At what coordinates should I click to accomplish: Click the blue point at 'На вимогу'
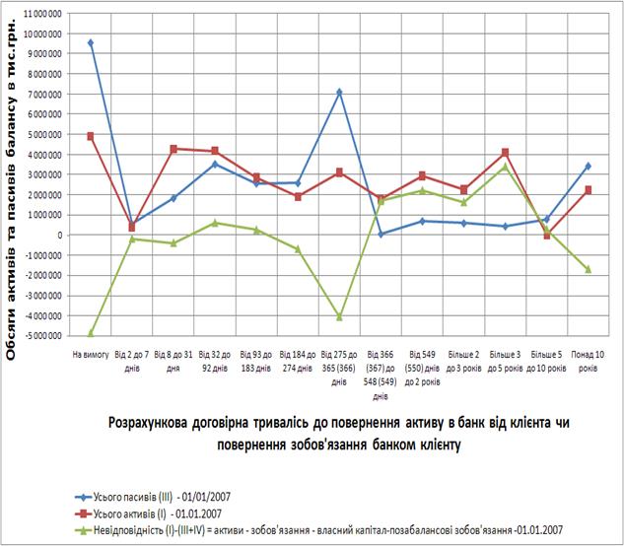click(91, 42)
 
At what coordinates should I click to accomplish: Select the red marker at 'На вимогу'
click(91, 136)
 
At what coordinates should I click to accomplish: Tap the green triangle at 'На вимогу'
click(91, 333)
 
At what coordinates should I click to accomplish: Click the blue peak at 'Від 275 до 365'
click(339, 92)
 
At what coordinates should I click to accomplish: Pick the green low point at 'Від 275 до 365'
click(339, 317)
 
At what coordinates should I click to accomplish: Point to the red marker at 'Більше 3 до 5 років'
click(505, 152)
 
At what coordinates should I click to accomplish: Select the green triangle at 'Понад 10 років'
click(588, 269)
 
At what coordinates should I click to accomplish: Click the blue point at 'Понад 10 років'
click(588, 166)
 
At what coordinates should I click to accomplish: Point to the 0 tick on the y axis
click(58, 235)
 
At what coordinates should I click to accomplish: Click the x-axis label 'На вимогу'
click(90, 353)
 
